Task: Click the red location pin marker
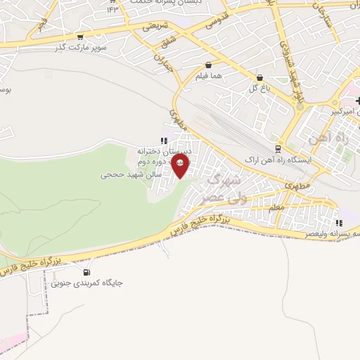[180, 166]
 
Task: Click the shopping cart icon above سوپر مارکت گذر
[81, 37]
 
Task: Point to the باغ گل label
[259, 88]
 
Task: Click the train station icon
[278, 149]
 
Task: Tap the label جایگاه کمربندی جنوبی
[86, 283]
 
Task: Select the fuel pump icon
[86, 272]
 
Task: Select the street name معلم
[276, 208]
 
